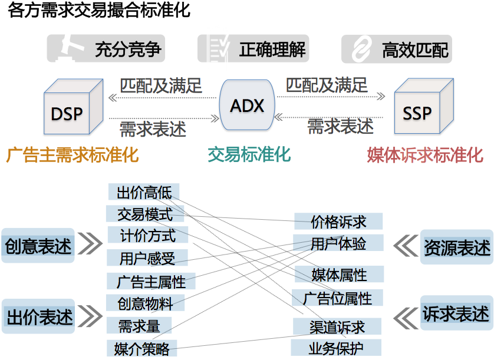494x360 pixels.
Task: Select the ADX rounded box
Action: [247, 107]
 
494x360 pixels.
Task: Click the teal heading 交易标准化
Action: [249, 155]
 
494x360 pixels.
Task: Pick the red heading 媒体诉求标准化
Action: [424, 155]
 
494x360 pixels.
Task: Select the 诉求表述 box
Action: [456, 314]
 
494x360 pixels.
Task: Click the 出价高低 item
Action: [144, 192]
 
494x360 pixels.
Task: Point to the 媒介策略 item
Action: [143, 349]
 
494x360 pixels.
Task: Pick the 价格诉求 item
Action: [338, 222]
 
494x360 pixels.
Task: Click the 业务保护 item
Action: [337, 348]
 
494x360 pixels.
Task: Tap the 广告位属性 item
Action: [338, 298]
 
